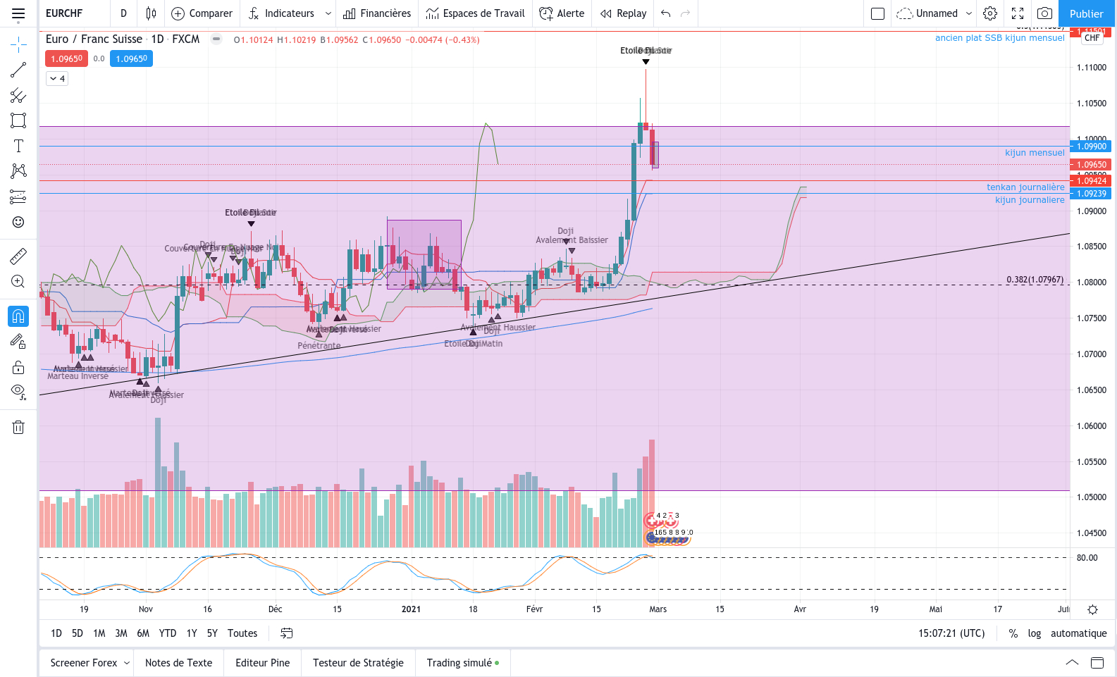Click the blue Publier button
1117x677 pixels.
pos(1086,13)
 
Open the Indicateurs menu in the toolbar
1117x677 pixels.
pos(289,13)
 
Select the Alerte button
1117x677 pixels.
pos(562,13)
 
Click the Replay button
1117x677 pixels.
pos(623,13)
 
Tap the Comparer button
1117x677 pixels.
pos(202,13)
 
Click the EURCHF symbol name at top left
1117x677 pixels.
pos(64,13)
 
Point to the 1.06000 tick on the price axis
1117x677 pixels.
pos(1091,426)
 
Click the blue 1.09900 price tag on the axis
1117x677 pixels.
pos(1091,147)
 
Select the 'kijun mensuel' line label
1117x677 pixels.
pos(1035,153)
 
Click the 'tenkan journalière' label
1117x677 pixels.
pos(1025,187)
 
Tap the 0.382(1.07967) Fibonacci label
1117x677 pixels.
pos(1035,280)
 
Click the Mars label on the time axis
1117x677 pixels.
pos(658,609)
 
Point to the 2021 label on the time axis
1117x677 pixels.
pos(411,609)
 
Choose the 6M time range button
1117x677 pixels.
pos(143,633)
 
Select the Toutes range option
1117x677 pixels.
pos(242,633)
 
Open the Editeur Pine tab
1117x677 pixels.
pos(262,663)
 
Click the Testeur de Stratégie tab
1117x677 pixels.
pos(358,663)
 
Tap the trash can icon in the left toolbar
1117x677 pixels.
pos(18,427)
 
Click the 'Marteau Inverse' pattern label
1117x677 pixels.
pos(78,376)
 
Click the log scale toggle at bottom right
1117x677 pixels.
pos(1034,633)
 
